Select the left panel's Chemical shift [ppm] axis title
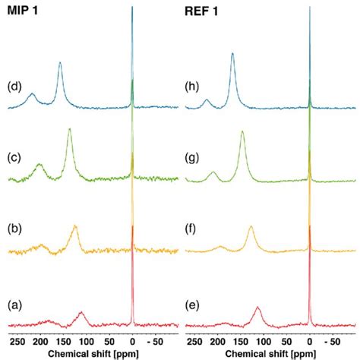pos(92,353)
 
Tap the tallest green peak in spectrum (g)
pos(242,134)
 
